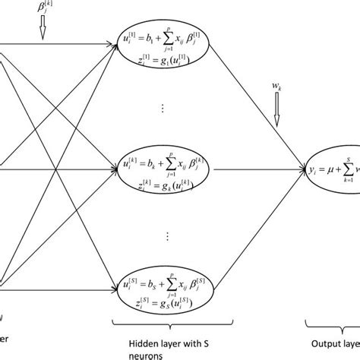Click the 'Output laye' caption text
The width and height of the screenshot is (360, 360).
pyautogui.click(x=336, y=341)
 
